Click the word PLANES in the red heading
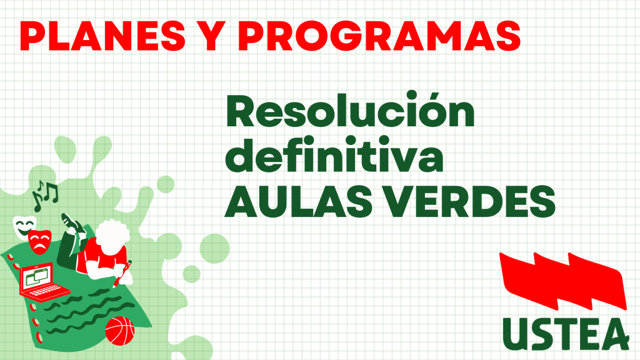pyautogui.click(x=102, y=36)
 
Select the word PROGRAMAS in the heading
pyautogui.click(x=379, y=36)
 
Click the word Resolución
pyautogui.click(x=350, y=110)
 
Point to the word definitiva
pyautogui.click(x=334, y=155)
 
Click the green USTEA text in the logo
pyautogui.click(x=566, y=334)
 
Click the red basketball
pyautogui.click(x=119, y=331)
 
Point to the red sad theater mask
pyautogui.click(x=39, y=242)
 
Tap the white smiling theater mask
pyautogui.click(x=24, y=227)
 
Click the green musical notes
pyautogui.click(x=45, y=196)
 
